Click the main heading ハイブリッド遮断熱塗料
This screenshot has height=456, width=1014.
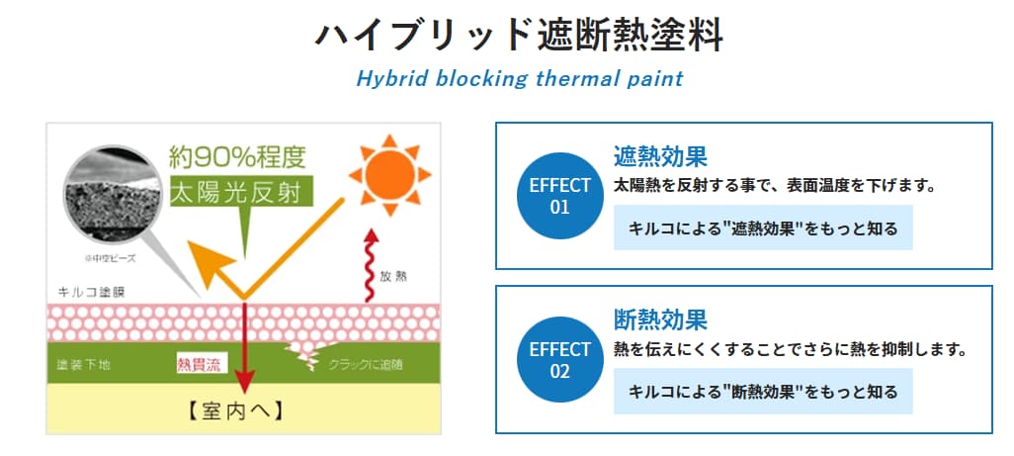520,35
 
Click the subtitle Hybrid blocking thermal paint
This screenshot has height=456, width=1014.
520,78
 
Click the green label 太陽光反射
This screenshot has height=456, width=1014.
241,191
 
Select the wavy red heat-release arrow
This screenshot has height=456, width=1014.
371,265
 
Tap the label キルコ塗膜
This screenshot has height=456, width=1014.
92,293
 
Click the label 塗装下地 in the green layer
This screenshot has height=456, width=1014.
84,365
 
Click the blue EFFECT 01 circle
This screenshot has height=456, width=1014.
560,196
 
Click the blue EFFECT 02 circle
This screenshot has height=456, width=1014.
560,360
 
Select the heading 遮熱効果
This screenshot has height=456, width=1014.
660,157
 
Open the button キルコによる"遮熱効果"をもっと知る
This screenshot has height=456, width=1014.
763,228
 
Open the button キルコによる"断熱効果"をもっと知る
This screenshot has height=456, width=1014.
763,392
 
